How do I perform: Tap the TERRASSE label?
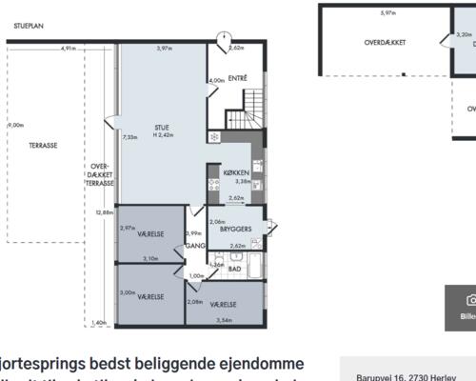43,146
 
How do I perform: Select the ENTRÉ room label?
237,78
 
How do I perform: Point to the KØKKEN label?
236,172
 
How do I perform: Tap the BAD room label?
234,269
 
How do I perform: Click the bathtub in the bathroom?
252,265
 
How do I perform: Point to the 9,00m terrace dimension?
16,126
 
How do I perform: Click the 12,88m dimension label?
104,212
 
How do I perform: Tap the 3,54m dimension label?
225,320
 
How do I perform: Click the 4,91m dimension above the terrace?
69,48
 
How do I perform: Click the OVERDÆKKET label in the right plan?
386,43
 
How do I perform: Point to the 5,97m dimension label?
387,13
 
